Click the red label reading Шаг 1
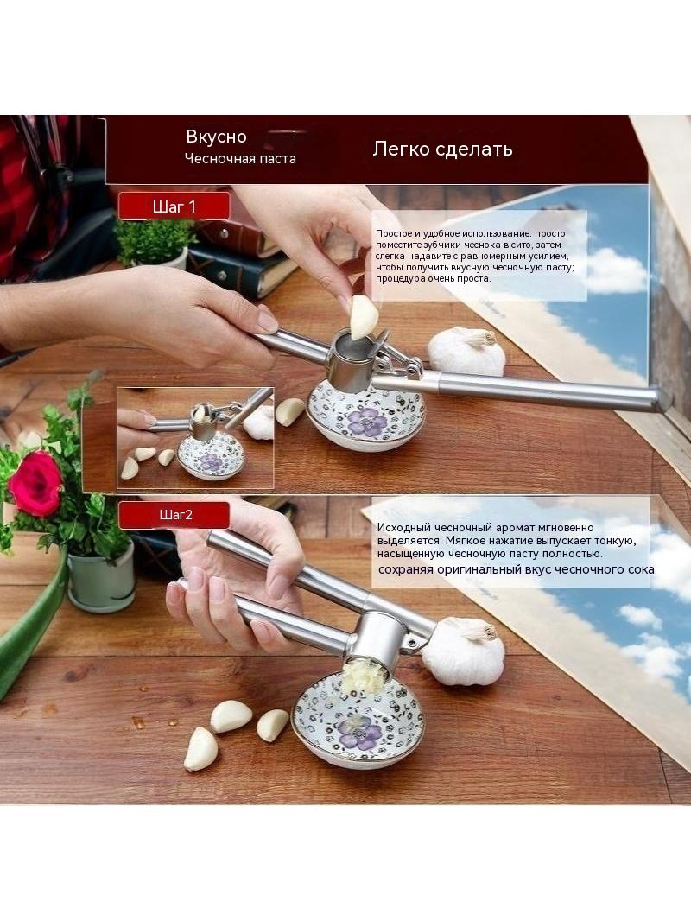click(x=174, y=206)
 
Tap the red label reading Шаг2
click(x=174, y=515)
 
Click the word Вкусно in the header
click(x=216, y=137)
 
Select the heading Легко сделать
click(x=442, y=149)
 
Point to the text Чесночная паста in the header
click(x=240, y=159)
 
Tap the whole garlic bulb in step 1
click(x=466, y=352)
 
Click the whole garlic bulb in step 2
click(x=466, y=651)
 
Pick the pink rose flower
click(x=35, y=483)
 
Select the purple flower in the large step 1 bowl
click(x=367, y=422)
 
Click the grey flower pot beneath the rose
click(x=102, y=576)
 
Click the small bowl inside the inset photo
click(x=211, y=456)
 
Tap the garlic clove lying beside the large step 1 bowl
click(x=290, y=411)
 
